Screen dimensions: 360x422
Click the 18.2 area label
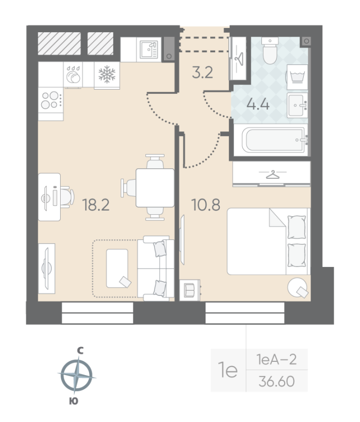[96, 205]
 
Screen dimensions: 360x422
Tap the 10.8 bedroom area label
[206, 205]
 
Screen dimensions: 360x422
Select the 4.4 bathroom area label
[258, 104]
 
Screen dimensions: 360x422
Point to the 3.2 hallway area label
[202, 72]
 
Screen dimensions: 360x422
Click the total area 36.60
[277, 381]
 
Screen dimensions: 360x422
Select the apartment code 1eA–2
[277, 359]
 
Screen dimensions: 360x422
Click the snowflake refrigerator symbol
[107, 74]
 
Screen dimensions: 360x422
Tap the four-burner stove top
[51, 100]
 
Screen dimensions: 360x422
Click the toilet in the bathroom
[270, 51]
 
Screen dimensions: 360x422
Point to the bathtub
[274, 140]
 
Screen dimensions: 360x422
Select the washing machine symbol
[297, 77]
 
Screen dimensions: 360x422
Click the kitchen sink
[149, 50]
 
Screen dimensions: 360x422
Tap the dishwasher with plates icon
[73, 74]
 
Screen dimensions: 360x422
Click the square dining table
[155, 188]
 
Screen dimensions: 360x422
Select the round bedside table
[297, 287]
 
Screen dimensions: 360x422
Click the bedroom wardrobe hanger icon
[273, 175]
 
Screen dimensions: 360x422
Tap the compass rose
[76, 375]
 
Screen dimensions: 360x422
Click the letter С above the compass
[80, 350]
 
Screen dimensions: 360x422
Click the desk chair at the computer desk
[66, 197]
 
